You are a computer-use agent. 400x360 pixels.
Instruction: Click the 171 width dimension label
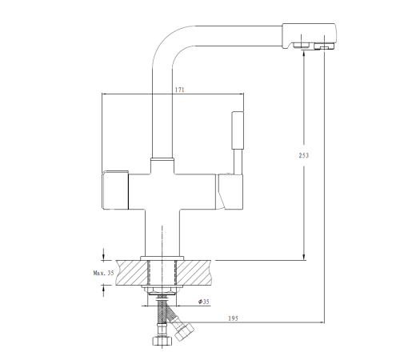click(x=179, y=90)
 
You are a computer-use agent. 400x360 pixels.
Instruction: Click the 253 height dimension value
click(x=304, y=155)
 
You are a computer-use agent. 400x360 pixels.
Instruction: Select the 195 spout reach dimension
click(x=233, y=318)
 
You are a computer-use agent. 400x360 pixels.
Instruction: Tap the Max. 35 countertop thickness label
click(x=103, y=273)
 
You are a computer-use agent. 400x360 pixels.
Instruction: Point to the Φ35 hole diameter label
click(x=204, y=302)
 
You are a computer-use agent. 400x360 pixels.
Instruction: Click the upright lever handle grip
click(x=238, y=130)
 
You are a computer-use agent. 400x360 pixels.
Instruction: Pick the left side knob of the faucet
click(x=115, y=190)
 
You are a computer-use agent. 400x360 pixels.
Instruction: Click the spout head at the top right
click(x=309, y=36)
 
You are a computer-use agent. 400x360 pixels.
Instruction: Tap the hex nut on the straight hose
click(x=162, y=341)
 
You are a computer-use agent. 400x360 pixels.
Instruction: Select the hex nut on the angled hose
click(x=184, y=331)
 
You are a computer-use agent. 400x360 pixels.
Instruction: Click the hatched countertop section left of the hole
click(x=131, y=273)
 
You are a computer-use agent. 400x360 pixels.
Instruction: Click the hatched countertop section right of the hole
click(x=194, y=273)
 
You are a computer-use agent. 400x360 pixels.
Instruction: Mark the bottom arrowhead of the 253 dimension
click(x=304, y=257)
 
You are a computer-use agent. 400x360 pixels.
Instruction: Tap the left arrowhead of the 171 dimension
click(x=106, y=94)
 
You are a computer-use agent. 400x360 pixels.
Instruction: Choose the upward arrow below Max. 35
click(x=103, y=290)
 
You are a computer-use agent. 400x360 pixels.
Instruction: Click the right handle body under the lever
click(x=230, y=191)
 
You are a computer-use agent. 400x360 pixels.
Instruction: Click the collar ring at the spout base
click(x=162, y=159)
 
